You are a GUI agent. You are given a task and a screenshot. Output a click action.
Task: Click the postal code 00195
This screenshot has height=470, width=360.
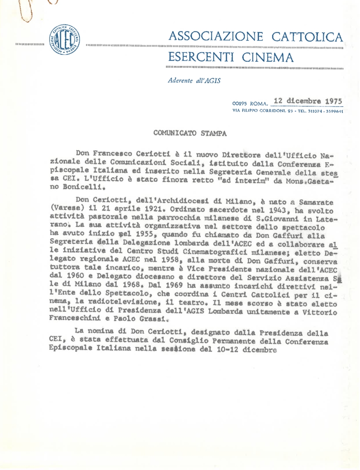(240, 104)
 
